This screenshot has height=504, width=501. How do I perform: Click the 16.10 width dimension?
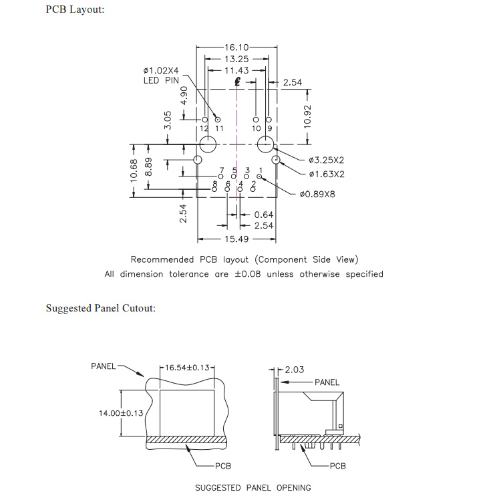237,47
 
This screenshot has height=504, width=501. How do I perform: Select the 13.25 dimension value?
237,59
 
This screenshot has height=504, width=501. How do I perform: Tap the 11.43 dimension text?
237,70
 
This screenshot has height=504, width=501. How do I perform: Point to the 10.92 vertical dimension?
307,116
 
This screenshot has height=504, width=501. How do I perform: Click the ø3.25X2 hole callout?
326,160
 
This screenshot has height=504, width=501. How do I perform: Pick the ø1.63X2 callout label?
326,174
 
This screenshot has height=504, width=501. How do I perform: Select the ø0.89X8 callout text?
317,195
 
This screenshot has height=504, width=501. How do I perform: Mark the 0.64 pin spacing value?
264,215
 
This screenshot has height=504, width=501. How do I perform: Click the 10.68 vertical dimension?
134,170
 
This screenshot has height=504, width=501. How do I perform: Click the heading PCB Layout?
75,10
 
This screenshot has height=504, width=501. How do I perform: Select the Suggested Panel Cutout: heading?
100,308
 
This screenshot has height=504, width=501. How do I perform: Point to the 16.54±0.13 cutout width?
187,368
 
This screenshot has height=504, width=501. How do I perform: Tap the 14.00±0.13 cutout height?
121,413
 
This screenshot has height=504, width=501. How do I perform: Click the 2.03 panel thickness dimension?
294,370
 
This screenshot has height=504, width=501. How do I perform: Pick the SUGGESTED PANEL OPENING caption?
253,487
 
